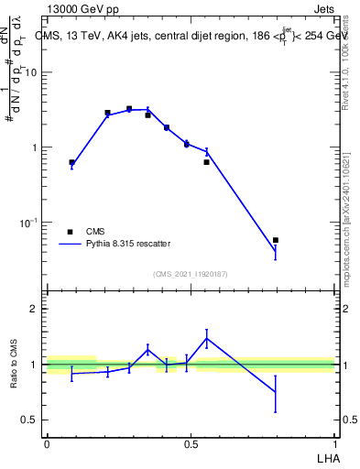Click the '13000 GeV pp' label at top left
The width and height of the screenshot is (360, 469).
point(81,8)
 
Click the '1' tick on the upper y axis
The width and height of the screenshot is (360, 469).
point(36,147)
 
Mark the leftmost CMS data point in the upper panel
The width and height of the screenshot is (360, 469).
point(71,162)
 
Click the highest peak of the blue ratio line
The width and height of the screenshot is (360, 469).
point(207,338)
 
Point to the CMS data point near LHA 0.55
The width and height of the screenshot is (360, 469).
point(207,162)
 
